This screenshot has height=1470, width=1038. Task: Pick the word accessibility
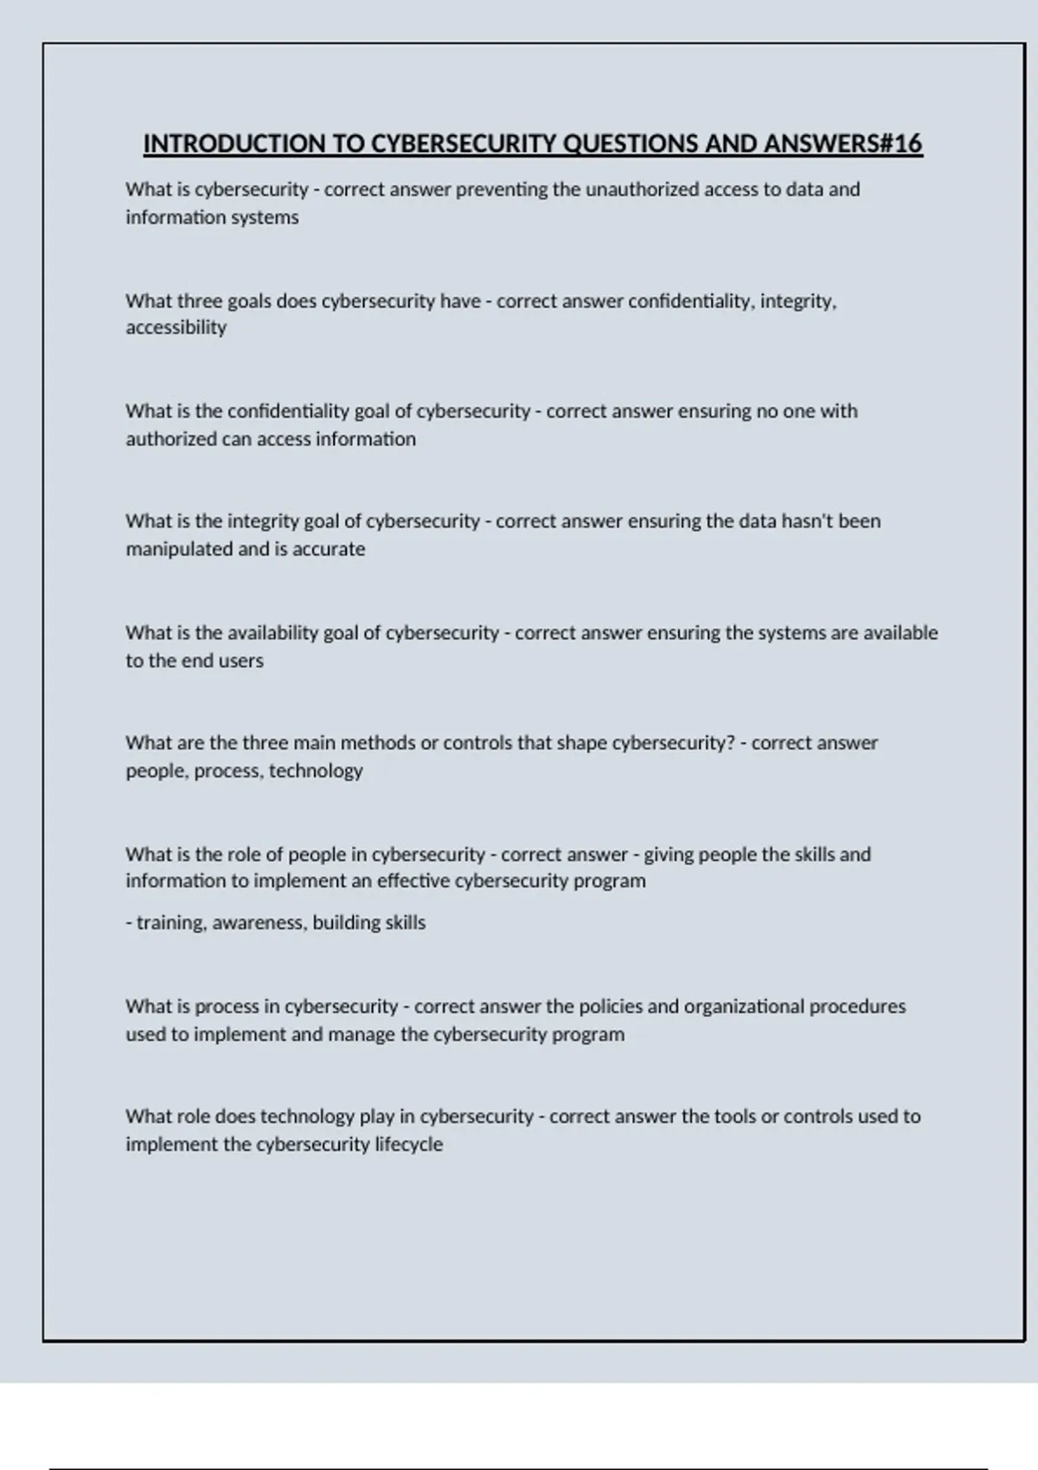coord(176,328)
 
